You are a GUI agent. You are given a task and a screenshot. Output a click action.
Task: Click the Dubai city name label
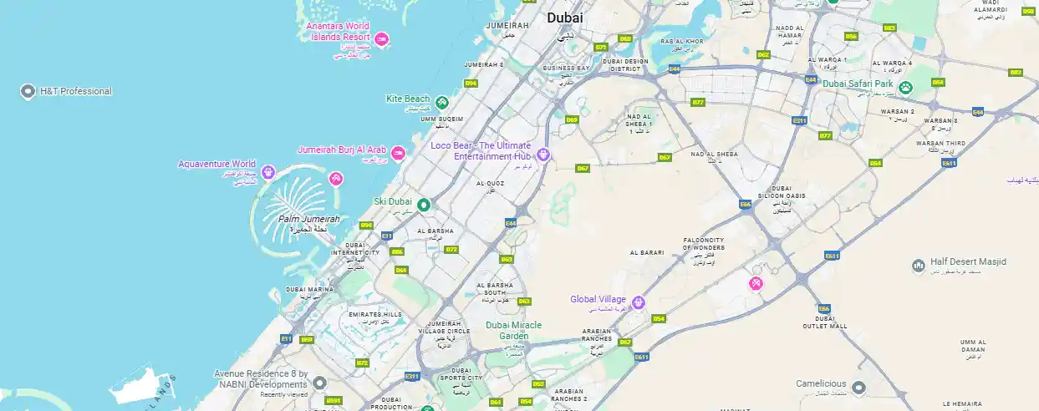click(x=565, y=18)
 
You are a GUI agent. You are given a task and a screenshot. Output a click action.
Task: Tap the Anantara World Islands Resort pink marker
click(x=381, y=38)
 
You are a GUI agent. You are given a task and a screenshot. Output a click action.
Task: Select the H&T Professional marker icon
click(x=27, y=91)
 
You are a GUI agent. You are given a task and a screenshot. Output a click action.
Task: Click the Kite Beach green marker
click(x=442, y=103)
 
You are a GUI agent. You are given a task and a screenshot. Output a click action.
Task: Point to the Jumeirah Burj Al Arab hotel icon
click(x=399, y=153)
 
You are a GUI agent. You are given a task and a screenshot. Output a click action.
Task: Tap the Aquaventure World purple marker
click(x=268, y=173)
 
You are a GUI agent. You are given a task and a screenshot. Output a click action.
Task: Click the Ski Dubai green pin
click(x=423, y=205)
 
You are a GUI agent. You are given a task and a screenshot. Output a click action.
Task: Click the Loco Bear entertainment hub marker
click(x=543, y=155)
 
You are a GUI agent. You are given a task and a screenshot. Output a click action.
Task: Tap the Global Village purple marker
click(x=638, y=302)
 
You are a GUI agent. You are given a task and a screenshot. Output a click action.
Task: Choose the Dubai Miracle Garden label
click(x=513, y=330)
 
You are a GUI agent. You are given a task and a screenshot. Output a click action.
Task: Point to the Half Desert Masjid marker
click(x=918, y=265)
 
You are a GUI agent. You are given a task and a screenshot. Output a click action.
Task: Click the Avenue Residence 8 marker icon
click(x=319, y=383)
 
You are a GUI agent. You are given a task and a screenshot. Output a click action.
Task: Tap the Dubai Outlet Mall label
click(x=825, y=322)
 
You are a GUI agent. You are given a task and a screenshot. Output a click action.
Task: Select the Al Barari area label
click(x=646, y=251)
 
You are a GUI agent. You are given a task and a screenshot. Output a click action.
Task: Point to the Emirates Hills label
click(x=375, y=315)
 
